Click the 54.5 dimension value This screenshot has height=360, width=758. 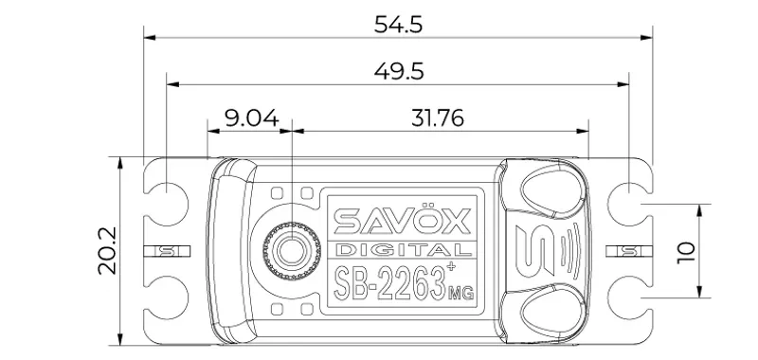[398, 25]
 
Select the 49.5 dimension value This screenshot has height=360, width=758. [399, 71]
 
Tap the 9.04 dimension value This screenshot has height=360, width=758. [252, 117]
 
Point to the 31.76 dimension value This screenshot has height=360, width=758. [438, 117]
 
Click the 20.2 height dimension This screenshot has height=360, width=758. [107, 251]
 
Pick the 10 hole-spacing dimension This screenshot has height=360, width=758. [686, 252]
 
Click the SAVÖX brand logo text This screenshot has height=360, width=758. [402, 222]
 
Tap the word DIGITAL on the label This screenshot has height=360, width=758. [403, 250]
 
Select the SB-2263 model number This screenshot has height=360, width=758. [389, 282]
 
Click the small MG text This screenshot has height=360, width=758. [460, 293]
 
